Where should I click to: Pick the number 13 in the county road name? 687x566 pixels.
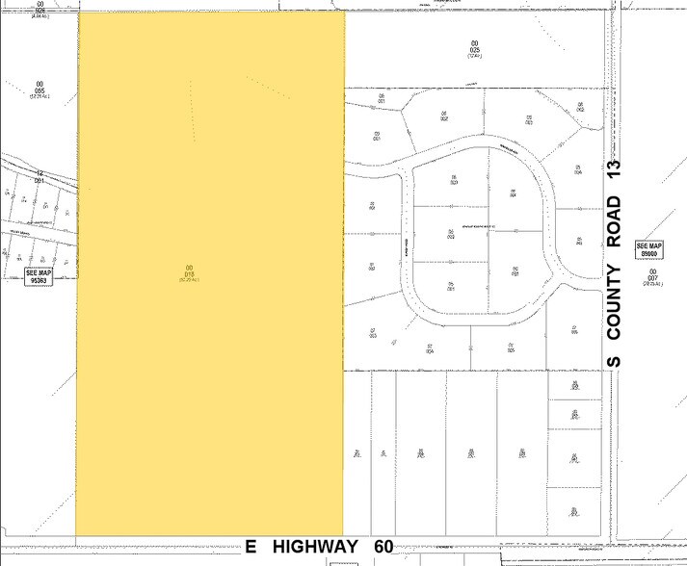pyautogui.click(x=614, y=171)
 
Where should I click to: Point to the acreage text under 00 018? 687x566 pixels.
pyautogui.click(x=190, y=279)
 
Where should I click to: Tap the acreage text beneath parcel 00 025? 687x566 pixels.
pyautogui.click(x=474, y=56)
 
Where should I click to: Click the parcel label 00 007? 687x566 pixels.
pyautogui.click(x=653, y=274)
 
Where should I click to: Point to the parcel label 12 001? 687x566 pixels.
pyautogui.click(x=40, y=177)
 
